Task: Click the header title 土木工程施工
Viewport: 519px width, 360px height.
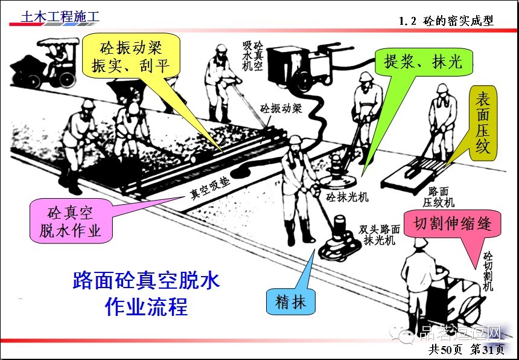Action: pos(60,16)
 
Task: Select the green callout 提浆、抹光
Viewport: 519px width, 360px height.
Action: pos(423,60)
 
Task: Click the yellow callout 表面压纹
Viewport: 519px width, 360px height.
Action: pos(483,123)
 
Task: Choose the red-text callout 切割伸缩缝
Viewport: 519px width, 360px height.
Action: pos(453,224)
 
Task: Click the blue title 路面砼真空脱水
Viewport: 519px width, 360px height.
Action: pos(145,280)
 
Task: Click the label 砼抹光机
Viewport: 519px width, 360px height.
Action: pos(348,197)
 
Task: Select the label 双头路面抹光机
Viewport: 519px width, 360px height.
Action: pos(379,234)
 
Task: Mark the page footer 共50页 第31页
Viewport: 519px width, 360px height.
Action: pos(466,349)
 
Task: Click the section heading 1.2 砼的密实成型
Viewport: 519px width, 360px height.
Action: pos(447,21)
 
